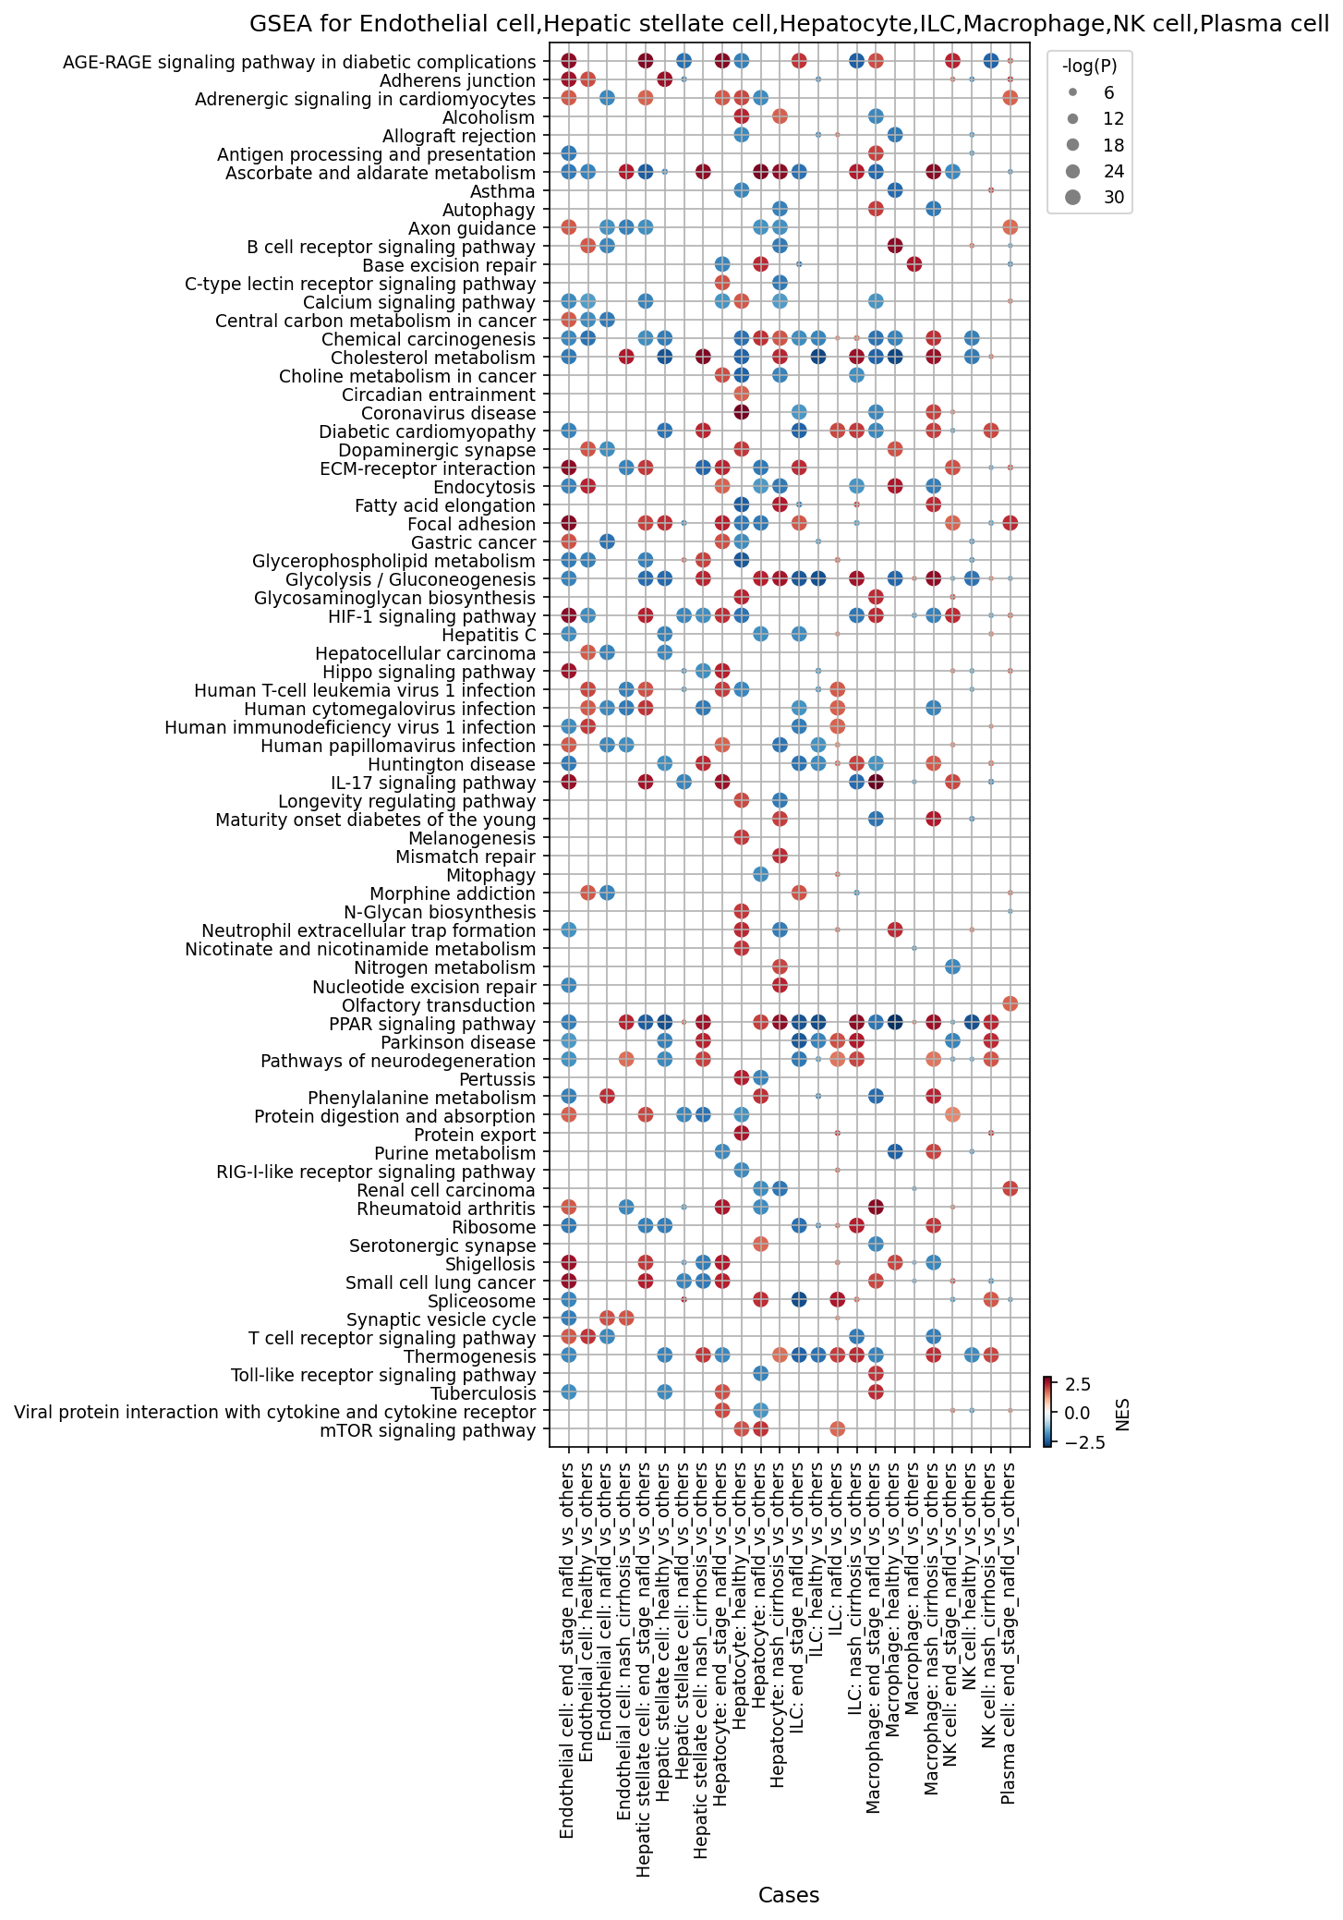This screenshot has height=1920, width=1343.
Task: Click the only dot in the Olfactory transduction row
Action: [x=1010, y=1003]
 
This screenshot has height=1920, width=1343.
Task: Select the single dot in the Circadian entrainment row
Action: [x=741, y=394]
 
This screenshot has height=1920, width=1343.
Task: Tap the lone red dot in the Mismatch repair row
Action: [x=780, y=856]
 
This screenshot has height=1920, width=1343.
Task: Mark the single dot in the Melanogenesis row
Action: [x=741, y=837]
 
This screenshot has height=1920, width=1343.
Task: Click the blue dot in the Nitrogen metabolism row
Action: [x=952, y=966]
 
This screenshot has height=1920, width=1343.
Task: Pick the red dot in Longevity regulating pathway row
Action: [x=741, y=800]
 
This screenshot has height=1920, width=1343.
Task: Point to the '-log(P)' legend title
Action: [x=1089, y=66]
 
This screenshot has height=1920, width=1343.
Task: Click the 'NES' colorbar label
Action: [x=1123, y=1413]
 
